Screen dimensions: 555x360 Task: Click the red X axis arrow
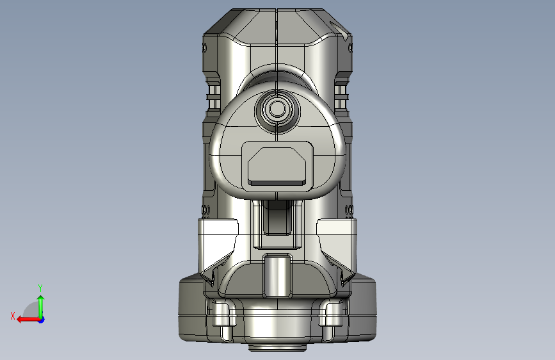[x=28, y=320]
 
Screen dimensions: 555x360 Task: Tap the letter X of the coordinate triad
[x=13, y=316]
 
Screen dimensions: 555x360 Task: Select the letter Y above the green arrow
[x=40, y=288]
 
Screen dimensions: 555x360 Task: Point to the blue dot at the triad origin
[x=42, y=320]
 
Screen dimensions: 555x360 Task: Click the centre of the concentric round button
[x=278, y=109]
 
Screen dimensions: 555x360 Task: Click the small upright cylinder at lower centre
[x=278, y=275]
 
